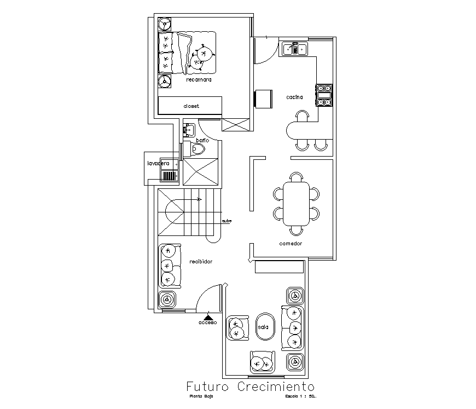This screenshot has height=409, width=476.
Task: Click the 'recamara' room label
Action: coord(199,80)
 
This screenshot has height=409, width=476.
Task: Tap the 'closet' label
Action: coord(191,106)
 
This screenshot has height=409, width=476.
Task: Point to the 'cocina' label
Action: coord(294,97)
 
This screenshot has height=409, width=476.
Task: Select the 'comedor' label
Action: coord(291,244)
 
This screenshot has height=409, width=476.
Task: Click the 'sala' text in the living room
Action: coord(263,327)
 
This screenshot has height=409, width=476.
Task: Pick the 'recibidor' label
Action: coord(200,262)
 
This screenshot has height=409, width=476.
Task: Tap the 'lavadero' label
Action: coord(158,163)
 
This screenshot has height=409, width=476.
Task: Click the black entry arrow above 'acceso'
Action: coord(208,316)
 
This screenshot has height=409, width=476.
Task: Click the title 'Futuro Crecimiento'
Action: coord(251,387)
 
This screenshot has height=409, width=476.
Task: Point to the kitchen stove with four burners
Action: coord(323,95)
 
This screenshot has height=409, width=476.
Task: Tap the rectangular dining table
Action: coord(296,203)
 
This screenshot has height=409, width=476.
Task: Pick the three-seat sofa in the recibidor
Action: coord(170,266)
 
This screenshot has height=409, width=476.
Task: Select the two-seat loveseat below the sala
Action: coord(262,361)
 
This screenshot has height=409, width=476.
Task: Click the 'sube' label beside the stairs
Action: coord(227,221)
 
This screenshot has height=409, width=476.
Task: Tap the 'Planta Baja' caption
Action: coord(201,396)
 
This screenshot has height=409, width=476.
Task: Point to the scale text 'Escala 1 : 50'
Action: coord(301,396)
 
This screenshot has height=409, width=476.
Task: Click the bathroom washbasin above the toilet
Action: coord(189,131)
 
